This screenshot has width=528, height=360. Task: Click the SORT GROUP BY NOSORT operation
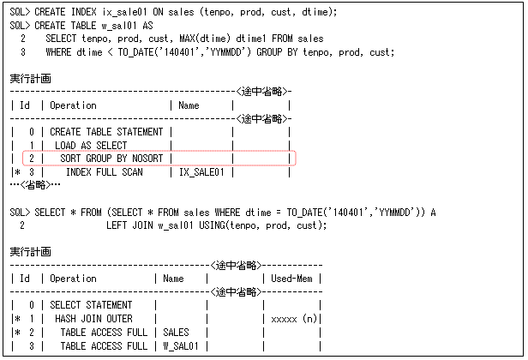point(112,159)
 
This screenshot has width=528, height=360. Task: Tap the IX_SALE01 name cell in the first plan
point(201,172)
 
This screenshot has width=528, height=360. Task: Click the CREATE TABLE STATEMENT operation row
point(106,132)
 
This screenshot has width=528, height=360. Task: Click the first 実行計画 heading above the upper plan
point(31,78)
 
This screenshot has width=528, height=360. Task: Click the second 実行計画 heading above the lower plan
point(31,252)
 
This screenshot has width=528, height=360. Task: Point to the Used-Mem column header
point(296,279)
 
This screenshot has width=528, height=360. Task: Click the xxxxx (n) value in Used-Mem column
point(295,318)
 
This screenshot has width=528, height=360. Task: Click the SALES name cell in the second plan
point(176,332)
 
